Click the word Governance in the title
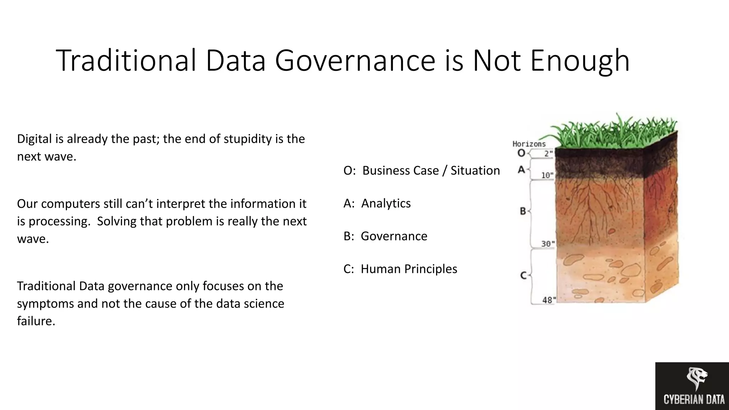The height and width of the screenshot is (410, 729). (x=355, y=61)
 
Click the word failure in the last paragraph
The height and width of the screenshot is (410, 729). (x=36, y=321)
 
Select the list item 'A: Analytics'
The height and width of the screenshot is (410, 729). (x=377, y=203)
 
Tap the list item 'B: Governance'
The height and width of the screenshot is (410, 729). (x=385, y=236)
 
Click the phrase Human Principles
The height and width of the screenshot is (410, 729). (x=409, y=269)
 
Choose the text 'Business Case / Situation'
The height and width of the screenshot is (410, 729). (x=431, y=170)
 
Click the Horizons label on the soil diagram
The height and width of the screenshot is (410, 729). (x=529, y=144)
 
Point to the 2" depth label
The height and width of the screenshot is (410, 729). (x=548, y=154)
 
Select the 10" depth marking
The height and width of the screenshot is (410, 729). (x=547, y=175)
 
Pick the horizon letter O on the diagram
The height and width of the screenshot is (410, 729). (x=521, y=153)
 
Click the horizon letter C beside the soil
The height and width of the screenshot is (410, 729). (x=523, y=275)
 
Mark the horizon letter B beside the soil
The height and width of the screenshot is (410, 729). (x=523, y=211)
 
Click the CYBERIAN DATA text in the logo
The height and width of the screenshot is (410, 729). (x=694, y=400)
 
